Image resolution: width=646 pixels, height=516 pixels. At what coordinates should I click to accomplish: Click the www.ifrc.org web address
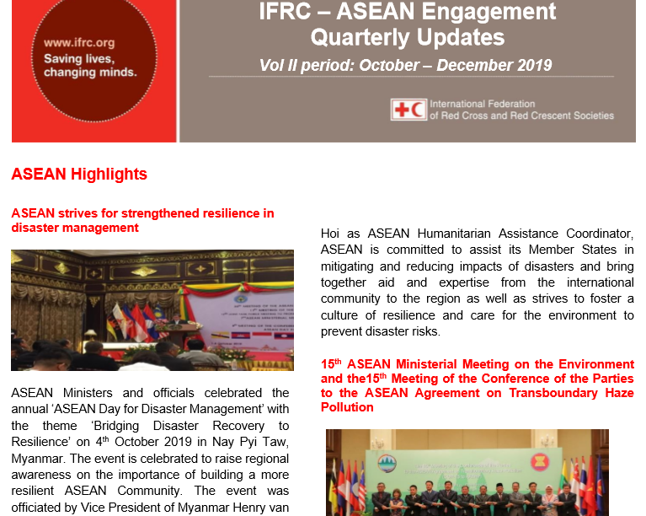pyautogui.click(x=79, y=42)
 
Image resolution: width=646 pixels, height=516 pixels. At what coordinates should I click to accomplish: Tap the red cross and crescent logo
pyautogui.click(x=408, y=110)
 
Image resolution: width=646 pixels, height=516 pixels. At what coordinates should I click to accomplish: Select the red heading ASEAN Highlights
pyautogui.click(x=79, y=174)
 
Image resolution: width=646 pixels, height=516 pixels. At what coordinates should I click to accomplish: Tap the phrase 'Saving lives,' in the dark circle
pyautogui.click(x=79, y=58)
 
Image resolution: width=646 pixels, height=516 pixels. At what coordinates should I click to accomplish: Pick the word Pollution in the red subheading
pyautogui.click(x=347, y=407)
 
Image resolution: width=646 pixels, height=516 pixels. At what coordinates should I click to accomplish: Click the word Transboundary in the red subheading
pyautogui.click(x=553, y=393)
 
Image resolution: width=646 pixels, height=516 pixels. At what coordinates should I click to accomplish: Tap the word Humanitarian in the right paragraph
pyautogui.click(x=454, y=234)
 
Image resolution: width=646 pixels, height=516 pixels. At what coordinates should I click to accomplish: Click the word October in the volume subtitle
pyautogui.click(x=389, y=65)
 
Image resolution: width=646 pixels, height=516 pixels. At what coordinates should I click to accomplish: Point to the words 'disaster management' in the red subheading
pyautogui.click(x=75, y=228)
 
